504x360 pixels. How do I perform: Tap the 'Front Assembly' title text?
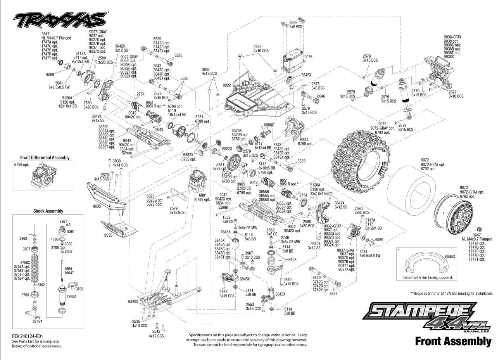click(x=453, y=341)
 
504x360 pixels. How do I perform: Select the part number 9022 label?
click(x=227, y=85)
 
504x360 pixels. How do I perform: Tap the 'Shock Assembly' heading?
click(x=48, y=211)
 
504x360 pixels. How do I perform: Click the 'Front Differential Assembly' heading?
click(x=45, y=157)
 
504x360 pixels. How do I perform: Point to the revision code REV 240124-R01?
click(x=28, y=336)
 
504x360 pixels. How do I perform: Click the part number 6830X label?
click(x=133, y=301)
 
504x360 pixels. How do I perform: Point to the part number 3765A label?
click(x=71, y=296)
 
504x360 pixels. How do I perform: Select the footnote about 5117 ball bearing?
click(x=452, y=294)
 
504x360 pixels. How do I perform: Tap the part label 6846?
click(x=321, y=96)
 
